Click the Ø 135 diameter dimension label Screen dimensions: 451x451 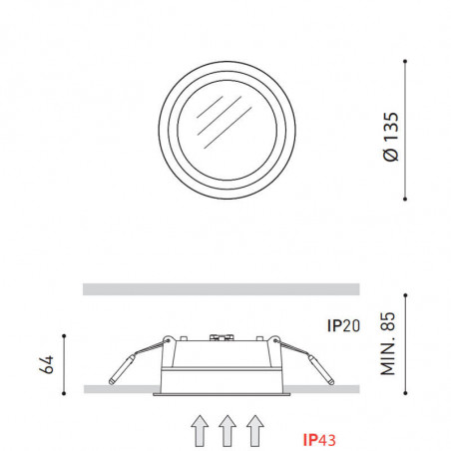(x=390, y=139)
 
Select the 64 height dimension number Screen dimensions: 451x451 (x=43, y=363)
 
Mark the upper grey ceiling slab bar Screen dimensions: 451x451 (x=220, y=289)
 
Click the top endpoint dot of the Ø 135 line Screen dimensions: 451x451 (x=406, y=61)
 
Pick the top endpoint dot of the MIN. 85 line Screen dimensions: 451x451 (x=406, y=295)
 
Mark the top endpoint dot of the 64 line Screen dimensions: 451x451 (x=64, y=335)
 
